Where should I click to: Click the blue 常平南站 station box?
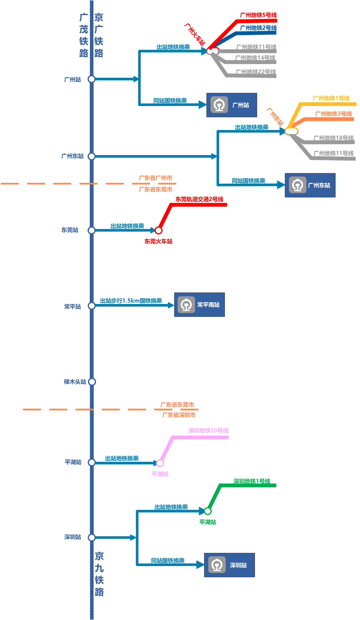pyautogui.click(x=199, y=305)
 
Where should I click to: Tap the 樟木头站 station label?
pyautogui.click(x=75, y=382)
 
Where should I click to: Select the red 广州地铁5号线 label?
pyautogui.click(x=258, y=15)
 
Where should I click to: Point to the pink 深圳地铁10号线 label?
pyautogui.click(x=208, y=430)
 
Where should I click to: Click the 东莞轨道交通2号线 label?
pyautogui.click(x=199, y=199)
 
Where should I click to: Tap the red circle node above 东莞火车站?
pyautogui.click(x=159, y=230)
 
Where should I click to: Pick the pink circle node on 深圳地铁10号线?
pyautogui.click(x=160, y=463)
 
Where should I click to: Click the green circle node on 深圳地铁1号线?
pyautogui.click(x=208, y=511)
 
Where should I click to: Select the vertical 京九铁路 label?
pyautogui.click(x=99, y=574)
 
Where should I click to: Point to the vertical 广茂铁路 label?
pyautogui.click(x=84, y=35)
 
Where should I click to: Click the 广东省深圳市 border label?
pyautogui.click(x=179, y=415)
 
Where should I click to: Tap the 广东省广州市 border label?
pyautogui.click(x=155, y=178)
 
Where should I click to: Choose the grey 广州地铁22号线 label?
pyautogui.click(x=256, y=71)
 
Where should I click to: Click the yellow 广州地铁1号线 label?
pyautogui.click(x=331, y=98)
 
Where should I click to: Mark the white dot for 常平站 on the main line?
pyautogui.click(x=92, y=306)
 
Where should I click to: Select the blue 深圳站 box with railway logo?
pyautogui.click(x=229, y=565)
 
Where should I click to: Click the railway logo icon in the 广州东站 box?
pyautogui.click(x=298, y=185)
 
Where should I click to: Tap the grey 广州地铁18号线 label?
pyautogui.click(x=334, y=138)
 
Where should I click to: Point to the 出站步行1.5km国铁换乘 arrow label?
pyautogui.click(x=131, y=301)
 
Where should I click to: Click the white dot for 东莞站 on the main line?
pyautogui.click(x=92, y=230)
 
